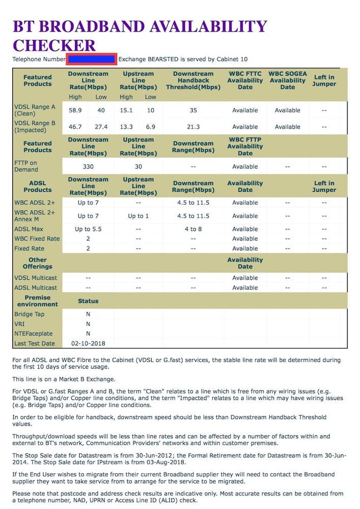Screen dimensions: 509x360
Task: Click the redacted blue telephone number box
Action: (x=92, y=59)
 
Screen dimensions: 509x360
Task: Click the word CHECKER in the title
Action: (x=54, y=45)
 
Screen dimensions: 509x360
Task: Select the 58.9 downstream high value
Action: (x=75, y=110)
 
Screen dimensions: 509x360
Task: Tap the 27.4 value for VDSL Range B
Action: (x=101, y=127)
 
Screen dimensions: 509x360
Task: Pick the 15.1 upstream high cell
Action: (x=126, y=110)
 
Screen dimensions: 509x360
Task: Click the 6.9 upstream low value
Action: (x=151, y=127)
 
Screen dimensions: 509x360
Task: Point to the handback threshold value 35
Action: (x=193, y=110)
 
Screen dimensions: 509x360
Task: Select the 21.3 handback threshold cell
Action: (x=193, y=127)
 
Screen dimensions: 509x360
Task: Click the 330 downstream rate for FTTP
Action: (x=88, y=167)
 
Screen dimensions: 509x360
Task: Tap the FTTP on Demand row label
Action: (x=26, y=166)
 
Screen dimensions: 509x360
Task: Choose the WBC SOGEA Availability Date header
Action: (x=288, y=81)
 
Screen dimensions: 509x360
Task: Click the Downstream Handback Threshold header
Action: (x=193, y=81)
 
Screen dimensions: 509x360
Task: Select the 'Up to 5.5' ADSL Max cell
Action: (x=88, y=229)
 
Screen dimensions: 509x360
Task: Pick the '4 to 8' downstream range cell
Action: (x=193, y=229)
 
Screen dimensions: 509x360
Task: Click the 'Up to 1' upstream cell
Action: (x=139, y=216)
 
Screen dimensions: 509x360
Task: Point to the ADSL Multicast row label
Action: (x=36, y=288)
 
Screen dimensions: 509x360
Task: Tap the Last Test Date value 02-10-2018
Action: (x=88, y=344)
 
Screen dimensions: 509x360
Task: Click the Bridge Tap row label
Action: (x=30, y=314)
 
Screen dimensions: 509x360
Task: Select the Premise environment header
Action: (x=38, y=301)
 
